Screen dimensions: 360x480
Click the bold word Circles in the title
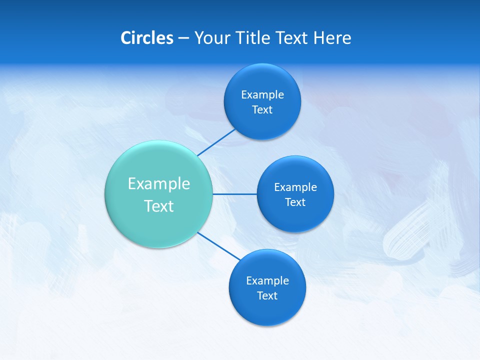click(146, 38)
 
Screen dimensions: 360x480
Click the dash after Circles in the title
click(183, 38)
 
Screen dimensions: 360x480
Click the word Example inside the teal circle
click(159, 183)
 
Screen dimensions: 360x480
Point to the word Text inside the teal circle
click(159, 206)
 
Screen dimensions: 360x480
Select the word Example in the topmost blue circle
click(262, 94)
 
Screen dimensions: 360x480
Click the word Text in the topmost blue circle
click(262, 109)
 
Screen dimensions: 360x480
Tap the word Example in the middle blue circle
click(295, 187)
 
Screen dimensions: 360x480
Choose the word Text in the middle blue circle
click(295, 202)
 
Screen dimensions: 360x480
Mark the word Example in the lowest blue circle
click(267, 280)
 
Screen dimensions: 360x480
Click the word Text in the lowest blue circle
click(267, 295)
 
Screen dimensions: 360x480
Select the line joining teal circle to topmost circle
click(216, 142)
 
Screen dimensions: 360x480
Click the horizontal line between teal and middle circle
click(235, 193)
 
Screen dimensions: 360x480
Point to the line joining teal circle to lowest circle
click(219, 246)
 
